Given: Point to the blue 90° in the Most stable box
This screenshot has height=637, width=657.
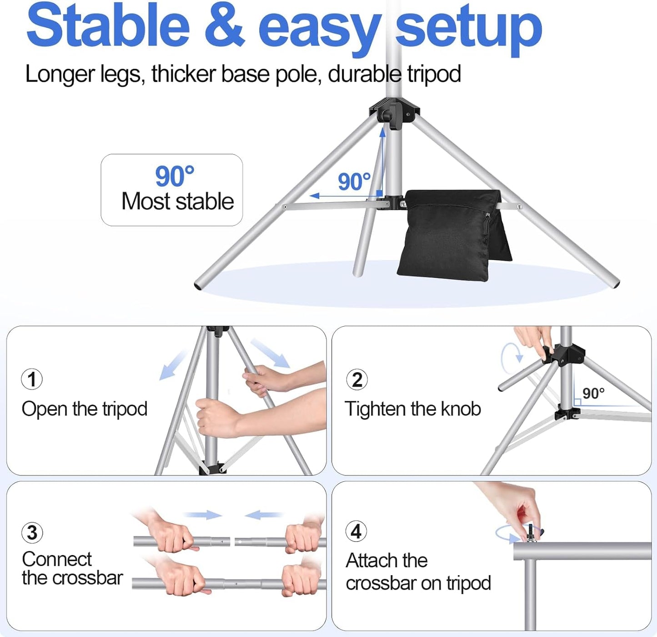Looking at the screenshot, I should tap(175, 176).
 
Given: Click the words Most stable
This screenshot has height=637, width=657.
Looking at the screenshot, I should tap(177, 202).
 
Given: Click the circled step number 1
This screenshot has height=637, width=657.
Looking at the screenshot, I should tap(32, 379).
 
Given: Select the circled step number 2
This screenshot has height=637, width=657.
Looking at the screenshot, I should tap(357, 379).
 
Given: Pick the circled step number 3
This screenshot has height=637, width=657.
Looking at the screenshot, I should tap(32, 532).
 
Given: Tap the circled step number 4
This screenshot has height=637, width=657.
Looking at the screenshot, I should tap(356, 531).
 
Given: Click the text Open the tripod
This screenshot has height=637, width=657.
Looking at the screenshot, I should tap(85, 409).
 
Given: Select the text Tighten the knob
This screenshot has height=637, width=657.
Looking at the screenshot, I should tap(412, 409).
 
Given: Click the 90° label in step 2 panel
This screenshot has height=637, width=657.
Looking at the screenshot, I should tap(593, 393).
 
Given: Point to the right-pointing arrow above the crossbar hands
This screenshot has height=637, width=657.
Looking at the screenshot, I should tap(203, 515).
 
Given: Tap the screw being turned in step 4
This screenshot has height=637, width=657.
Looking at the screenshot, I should tap(530, 532).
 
